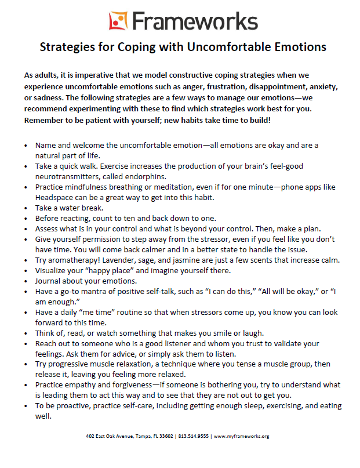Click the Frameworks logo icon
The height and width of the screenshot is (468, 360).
click(x=117, y=21)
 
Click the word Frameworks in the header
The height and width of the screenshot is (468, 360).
click(x=195, y=21)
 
